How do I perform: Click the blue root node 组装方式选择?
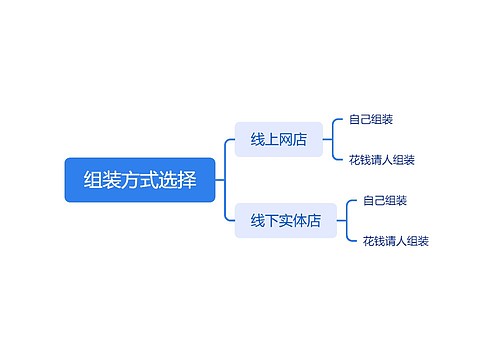tap(140, 180)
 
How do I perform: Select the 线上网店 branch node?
tap(279, 140)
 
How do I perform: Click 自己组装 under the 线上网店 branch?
tap(371, 120)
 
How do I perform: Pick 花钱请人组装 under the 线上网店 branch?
tap(382, 160)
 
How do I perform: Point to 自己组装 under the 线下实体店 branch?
tap(385, 200)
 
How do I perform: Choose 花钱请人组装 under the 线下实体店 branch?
tap(396, 241)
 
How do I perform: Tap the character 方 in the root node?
tap(128, 180)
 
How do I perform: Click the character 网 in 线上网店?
tap(286, 140)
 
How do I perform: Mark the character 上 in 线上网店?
tap(272, 140)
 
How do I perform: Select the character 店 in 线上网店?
tap(300, 140)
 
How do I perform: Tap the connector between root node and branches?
tap(225, 180)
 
